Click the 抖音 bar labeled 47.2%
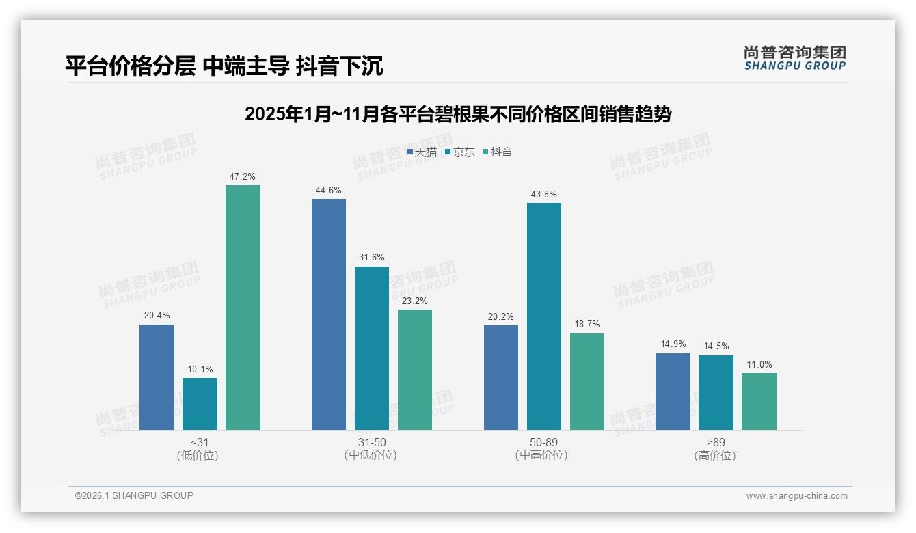click(243, 307)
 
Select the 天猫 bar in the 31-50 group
click(329, 314)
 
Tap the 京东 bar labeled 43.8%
click(544, 316)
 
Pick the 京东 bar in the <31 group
click(200, 404)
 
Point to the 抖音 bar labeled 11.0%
click(759, 401)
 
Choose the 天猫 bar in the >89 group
click(673, 392)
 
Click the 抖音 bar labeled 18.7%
click(587, 381)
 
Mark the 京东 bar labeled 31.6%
click(372, 348)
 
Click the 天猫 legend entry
click(422, 152)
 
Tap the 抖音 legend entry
click(498, 152)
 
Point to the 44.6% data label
click(328, 191)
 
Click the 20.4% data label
click(157, 316)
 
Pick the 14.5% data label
click(716, 346)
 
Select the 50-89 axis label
click(543, 443)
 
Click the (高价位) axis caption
click(715, 456)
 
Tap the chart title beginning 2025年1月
click(458, 114)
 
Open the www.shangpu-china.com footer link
click(796, 496)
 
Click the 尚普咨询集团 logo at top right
click(794, 57)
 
